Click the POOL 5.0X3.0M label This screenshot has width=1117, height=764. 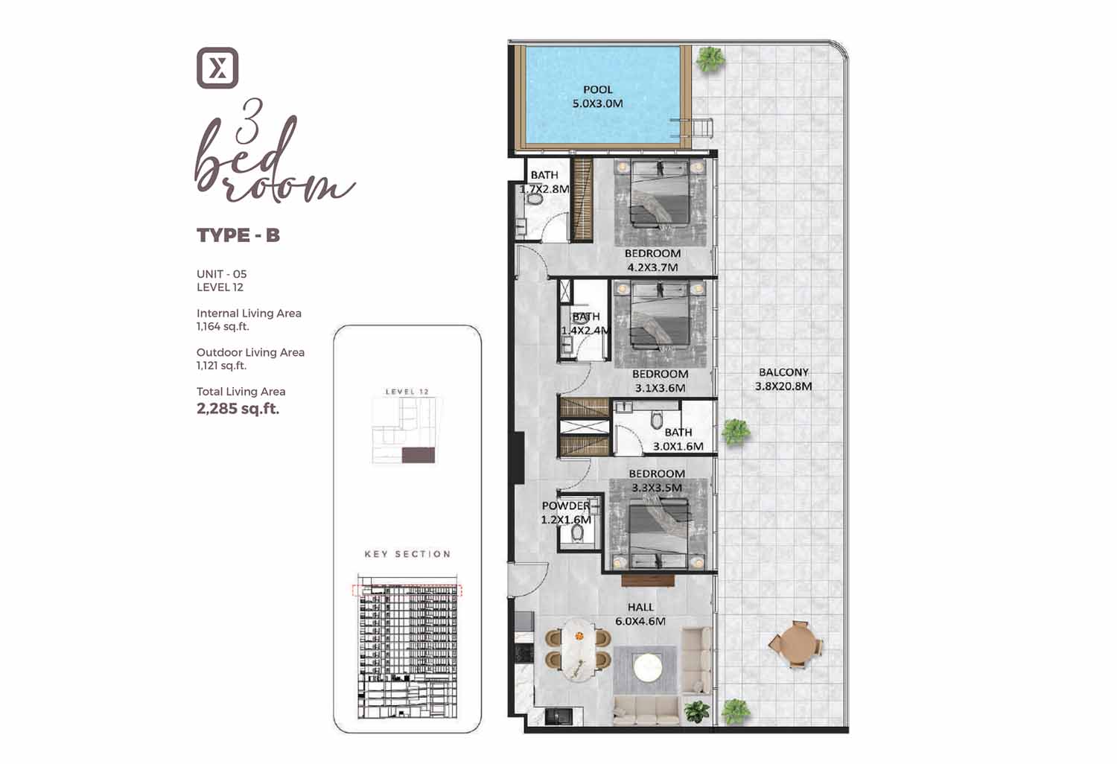[597, 97]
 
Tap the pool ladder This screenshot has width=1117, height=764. [692, 127]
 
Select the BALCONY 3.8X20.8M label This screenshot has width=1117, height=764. [783, 379]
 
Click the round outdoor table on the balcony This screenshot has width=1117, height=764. [795, 645]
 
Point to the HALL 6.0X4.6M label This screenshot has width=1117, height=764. [640, 614]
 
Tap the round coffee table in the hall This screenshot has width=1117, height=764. [647, 667]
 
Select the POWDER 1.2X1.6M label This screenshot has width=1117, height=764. [566, 512]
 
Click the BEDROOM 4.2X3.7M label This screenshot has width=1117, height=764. [652, 261]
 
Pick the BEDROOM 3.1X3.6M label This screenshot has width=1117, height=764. [660, 381]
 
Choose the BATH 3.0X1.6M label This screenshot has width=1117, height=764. [678, 439]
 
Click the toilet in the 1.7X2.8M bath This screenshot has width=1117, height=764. [535, 200]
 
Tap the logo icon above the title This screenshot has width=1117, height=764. [217, 68]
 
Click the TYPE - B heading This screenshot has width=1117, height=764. [238, 235]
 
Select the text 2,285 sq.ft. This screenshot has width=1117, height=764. [238, 409]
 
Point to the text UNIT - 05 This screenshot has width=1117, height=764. [221, 274]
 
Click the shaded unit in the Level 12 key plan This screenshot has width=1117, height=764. [419, 455]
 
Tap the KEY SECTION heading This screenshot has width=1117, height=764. [407, 554]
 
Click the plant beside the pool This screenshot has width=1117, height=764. [710, 60]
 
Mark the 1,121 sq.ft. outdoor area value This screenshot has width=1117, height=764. [221, 366]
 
